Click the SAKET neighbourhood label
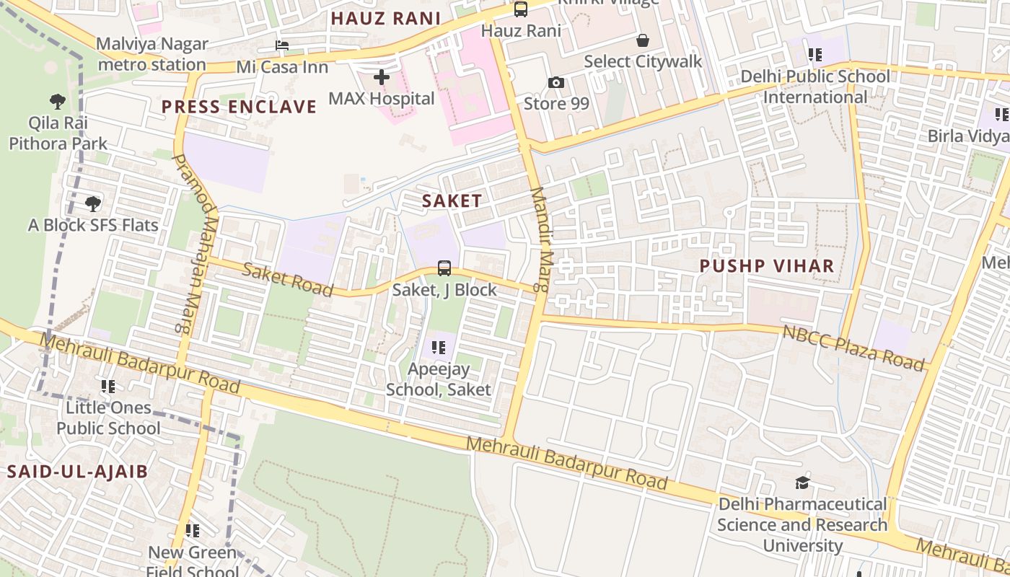point(452,201)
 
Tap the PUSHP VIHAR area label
point(767,266)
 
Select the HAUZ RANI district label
point(385,19)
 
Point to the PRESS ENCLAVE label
point(239,107)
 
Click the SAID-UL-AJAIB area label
point(77,472)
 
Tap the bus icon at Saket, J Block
point(444,268)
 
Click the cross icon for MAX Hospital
point(382,76)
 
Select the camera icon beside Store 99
point(555,82)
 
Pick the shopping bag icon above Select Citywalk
point(642,40)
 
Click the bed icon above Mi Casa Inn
point(282,46)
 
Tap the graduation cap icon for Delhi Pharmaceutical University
point(802,483)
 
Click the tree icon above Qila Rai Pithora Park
point(58,101)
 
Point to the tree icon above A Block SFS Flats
point(92,204)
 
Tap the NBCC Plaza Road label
point(853,348)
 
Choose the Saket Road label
point(287,280)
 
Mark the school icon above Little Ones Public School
point(108,387)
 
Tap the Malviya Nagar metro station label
point(152,54)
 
